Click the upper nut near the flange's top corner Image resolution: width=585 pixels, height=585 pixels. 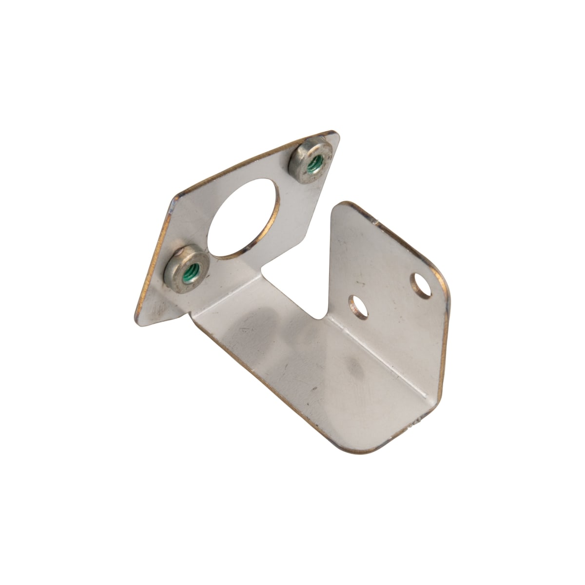point(311,160)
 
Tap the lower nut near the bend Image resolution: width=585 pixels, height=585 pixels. point(188,266)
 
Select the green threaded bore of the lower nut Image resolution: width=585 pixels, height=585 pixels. point(192,267)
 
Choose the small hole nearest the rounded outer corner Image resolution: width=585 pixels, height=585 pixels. point(422,285)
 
